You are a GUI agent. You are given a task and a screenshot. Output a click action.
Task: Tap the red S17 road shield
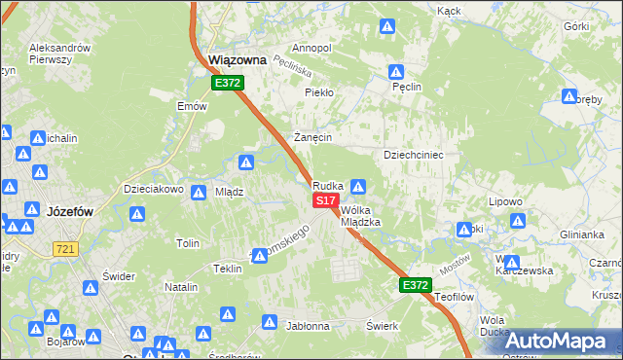pos(325,199)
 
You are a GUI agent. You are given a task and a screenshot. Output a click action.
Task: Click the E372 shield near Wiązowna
pos(228,84)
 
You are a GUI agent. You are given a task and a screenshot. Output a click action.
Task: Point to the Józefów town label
pos(68,209)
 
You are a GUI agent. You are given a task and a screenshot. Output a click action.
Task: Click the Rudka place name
pos(327,185)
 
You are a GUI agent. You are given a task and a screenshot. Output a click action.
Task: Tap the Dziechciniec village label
pos(414,155)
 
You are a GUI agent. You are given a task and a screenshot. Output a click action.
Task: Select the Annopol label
pos(311,48)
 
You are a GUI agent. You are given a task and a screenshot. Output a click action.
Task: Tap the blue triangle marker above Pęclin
pos(397,72)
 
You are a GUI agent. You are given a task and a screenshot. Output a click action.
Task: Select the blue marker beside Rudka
pos(358,186)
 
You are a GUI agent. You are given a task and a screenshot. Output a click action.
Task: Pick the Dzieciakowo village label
pos(153,190)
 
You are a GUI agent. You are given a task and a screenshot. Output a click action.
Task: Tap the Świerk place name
pos(384,326)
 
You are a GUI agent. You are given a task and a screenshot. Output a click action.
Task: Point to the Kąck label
pos(449,11)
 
